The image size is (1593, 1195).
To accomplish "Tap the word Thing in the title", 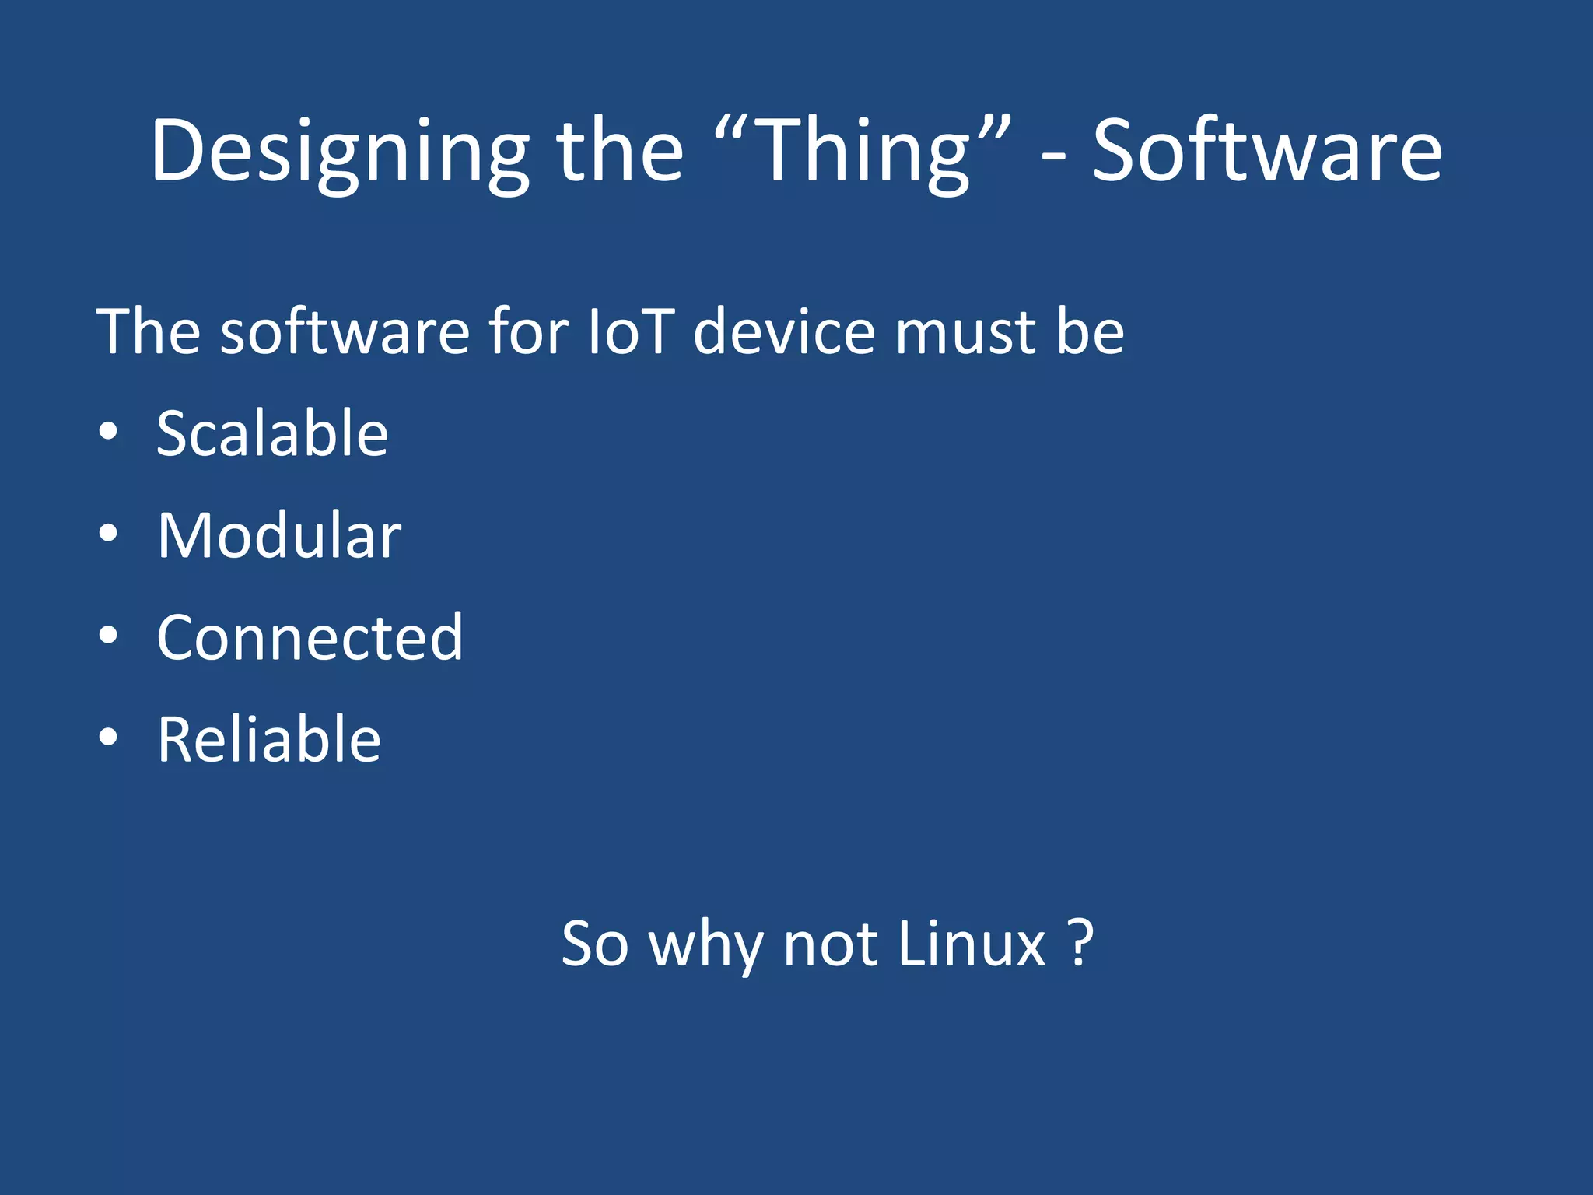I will pyautogui.click(x=863, y=152).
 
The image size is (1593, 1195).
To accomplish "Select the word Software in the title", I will pyautogui.click(x=1267, y=152).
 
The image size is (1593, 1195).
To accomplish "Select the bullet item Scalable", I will pyautogui.click(x=272, y=433).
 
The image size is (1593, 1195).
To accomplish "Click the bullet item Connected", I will pyautogui.click(x=310, y=637).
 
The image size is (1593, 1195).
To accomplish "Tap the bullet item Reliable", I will pyautogui.click(x=269, y=739).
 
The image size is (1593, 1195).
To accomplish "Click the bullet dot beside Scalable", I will pyautogui.click(x=108, y=433).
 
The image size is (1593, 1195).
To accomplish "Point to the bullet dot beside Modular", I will pyautogui.click(x=108, y=534).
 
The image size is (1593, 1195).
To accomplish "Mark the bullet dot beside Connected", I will pyautogui.click(x=108, y=636).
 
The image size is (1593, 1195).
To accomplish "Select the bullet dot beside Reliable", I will pyautogui.click(x=108, y=738).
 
